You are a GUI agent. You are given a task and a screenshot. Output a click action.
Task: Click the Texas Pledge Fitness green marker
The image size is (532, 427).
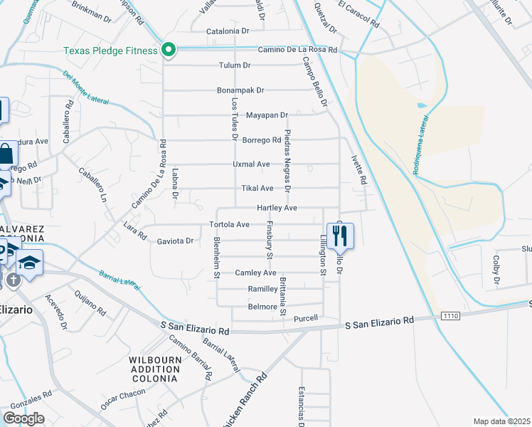169,50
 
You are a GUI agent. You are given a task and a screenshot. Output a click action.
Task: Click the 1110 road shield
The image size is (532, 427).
449,315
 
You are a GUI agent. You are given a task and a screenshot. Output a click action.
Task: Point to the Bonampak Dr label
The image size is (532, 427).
241,90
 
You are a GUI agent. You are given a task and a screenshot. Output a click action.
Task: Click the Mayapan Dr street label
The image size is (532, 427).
267,115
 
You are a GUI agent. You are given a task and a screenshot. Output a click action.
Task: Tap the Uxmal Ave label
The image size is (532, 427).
252,164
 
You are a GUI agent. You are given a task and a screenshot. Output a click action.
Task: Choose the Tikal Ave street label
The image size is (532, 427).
257,189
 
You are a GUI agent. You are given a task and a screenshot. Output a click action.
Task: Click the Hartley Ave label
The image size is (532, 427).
277,208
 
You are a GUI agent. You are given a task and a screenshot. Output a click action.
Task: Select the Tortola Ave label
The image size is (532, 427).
230,224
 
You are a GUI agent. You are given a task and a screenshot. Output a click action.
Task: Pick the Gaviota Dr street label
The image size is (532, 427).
175,241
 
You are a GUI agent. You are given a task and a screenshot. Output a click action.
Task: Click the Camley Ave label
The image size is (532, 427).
256,273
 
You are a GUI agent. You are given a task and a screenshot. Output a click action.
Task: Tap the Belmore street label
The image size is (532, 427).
262,307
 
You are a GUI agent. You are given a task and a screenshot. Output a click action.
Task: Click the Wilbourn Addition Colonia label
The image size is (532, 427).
154,369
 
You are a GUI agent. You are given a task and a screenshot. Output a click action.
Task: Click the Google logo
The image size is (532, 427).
23,418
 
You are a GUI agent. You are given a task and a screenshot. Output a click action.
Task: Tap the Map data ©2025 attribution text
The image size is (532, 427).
501,421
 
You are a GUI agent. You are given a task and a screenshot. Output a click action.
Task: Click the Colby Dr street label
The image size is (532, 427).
496,267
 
